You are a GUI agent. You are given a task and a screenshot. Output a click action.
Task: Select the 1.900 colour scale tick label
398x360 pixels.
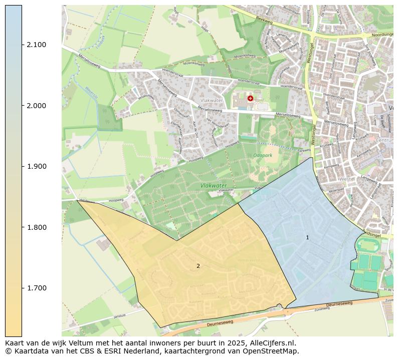(x=36, y=167)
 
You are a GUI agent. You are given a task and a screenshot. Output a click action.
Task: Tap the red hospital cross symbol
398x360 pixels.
(x=250, y=99)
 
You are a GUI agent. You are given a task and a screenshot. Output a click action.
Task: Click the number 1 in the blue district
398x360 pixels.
(x=307, y=237)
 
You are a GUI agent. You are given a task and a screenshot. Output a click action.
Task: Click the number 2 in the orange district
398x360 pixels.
(x=198, y=266)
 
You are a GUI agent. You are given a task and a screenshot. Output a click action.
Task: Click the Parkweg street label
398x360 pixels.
(x=304, y=150)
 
